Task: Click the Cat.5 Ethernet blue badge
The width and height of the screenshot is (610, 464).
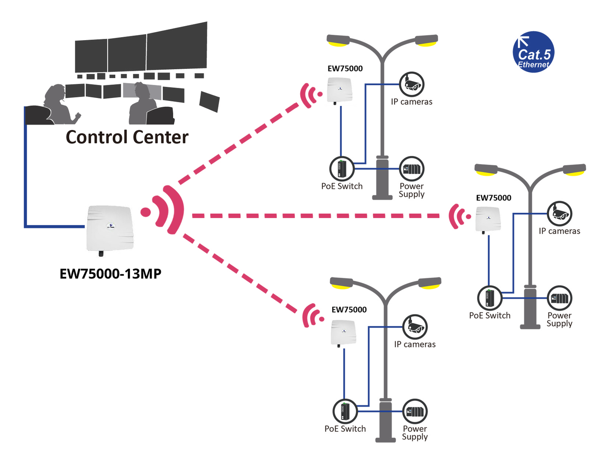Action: click(x=533, y=52)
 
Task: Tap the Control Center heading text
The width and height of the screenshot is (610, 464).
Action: click(x=127, y=137)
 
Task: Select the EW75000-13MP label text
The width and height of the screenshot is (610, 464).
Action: click(x=111, y=274)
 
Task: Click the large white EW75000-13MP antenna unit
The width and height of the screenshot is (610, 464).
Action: click(x=110, y=228)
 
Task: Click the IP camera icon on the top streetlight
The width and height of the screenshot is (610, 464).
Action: click(x=412, y=84)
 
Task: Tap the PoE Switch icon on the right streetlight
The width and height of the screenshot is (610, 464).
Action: click(x=489, y=298)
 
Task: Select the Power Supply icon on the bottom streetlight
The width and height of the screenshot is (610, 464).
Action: click(x=415, y=411)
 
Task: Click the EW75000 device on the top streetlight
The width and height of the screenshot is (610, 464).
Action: click(x=339, y=90)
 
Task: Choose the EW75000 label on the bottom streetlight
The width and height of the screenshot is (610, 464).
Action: click(x=349, y=309)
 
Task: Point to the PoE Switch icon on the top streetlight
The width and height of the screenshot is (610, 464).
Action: click(x=342, y=168)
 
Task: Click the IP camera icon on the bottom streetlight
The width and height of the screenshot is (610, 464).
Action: click(x=415, y=327)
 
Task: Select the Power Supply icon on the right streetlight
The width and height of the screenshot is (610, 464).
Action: click(x=559, y=298)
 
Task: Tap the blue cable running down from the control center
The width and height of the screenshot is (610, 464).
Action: click(x=25, y=169)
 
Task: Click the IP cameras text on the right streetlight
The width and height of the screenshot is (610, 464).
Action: click(x=559, y=231)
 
